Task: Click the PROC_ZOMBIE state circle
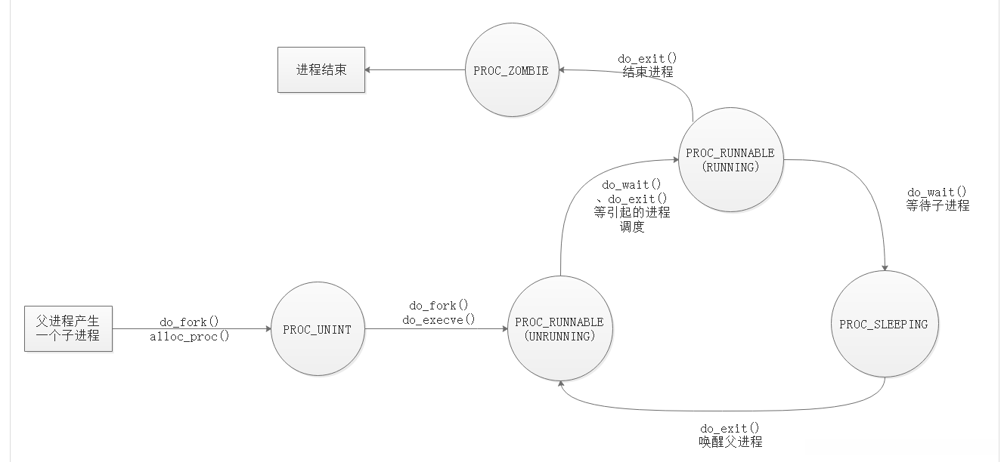[511, 71]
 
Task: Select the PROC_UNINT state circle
[317, 329]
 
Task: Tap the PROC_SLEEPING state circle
[883, 325]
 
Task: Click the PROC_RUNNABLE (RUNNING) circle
[730, 160]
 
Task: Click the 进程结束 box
[321, 70]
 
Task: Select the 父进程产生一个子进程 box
[68, 329]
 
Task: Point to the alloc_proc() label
[189, 337]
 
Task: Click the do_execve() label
[439, 319]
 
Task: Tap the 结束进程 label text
[647, 72]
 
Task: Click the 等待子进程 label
[937, 205]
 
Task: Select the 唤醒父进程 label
[730, 442]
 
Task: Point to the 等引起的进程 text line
[632, 213]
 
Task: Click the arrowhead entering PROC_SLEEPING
[885, 268]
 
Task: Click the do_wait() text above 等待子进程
[937, 192]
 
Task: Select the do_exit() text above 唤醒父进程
[730, 428]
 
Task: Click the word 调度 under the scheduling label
[632, 226]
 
